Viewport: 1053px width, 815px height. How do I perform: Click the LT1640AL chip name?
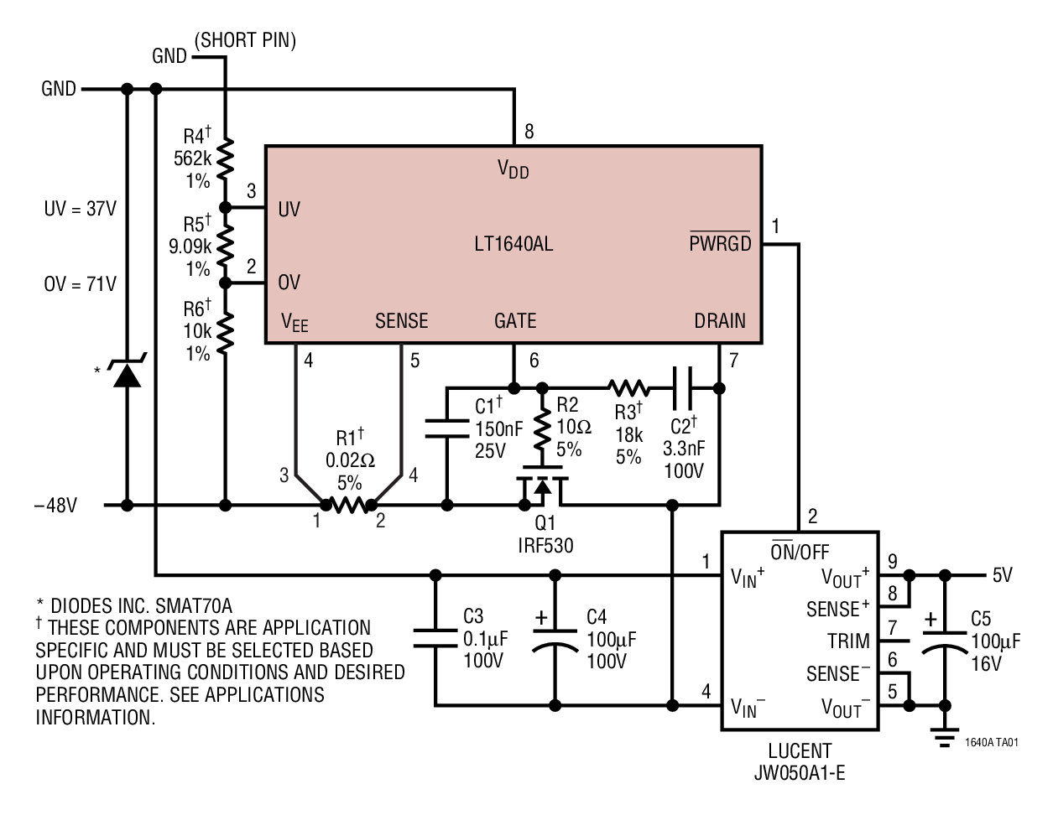coord(513,245)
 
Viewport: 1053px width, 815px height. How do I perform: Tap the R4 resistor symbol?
coord(225,158)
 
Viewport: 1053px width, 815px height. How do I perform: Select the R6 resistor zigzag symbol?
coord(225,332)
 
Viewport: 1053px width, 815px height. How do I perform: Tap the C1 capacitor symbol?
coord(446,428)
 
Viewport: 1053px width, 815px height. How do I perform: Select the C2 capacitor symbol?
coord(683,387)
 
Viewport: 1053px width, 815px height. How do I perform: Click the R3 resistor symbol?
coord(628,387)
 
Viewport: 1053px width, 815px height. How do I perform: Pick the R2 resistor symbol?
coord(542,426)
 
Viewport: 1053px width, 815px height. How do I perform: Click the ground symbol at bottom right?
coord(945,738)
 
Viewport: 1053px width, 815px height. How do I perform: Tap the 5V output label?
coord(1003,575)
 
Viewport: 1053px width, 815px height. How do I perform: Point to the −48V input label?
coord(55,506)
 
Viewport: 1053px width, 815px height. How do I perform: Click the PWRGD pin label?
coord(720,244)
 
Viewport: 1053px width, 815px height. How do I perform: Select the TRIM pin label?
coord(848,641)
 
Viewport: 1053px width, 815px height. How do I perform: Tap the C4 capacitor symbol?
coord(555,639)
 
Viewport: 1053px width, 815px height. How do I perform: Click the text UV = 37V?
coord(81,209)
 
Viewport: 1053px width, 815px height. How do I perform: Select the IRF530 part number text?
coord(545,545)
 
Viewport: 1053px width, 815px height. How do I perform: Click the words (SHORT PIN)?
coord(245,40)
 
